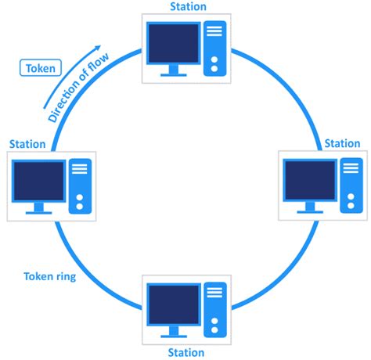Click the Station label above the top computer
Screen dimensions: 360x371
pos(189,7)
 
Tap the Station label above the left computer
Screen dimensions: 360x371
pos(27,144)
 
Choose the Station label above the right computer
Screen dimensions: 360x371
pos(342,144)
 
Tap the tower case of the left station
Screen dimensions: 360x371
pos(79,186)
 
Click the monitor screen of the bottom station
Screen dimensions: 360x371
pos(174,306)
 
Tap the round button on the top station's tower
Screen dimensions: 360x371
pos(214,68)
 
